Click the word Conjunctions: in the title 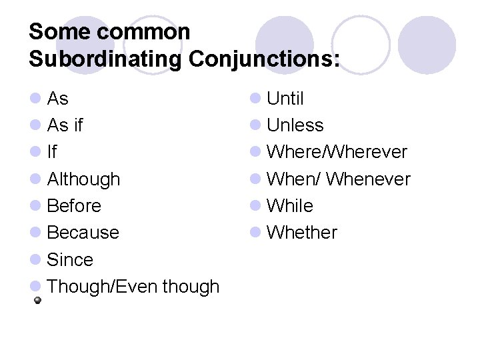point(264,59)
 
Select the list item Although point(84,179)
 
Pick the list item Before point(75,206)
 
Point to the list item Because point(83,233)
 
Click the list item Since point(71,259)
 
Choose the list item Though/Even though point(133,286)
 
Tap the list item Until point(285,99)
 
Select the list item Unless point(295,125)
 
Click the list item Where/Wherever point(337,152)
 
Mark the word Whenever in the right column point(369,179)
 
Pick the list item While point(290,206)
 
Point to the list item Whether point(302,233)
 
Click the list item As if point(65,125)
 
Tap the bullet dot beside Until point(255,99)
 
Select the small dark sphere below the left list point(39,301)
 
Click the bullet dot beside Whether point(255,233)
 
